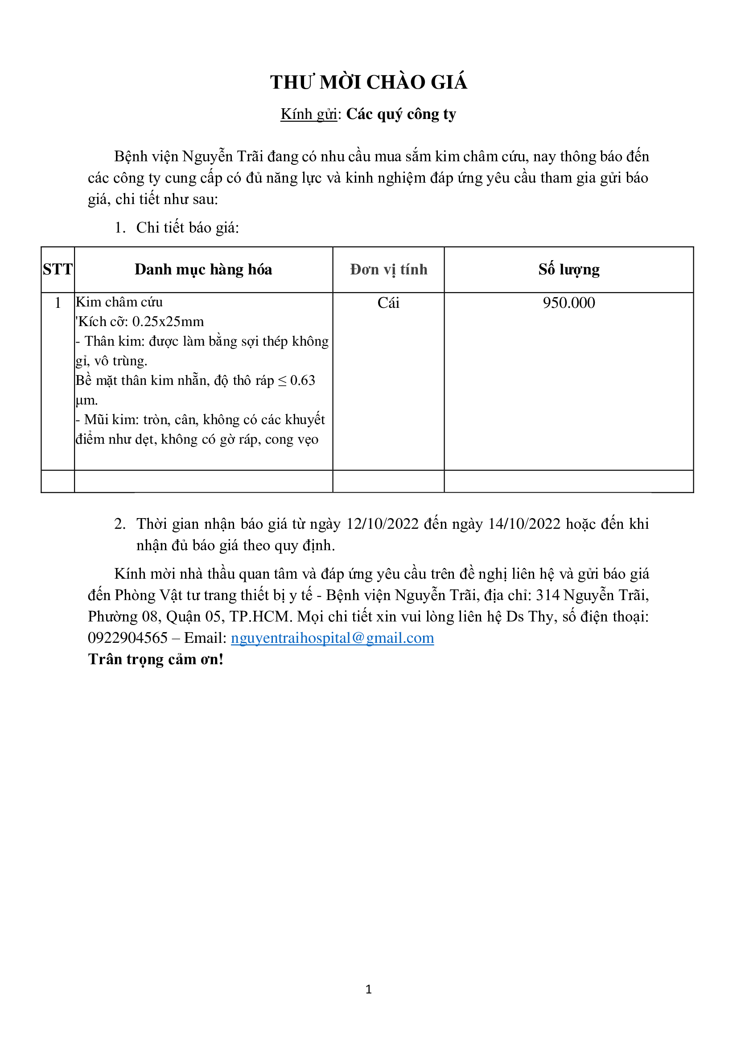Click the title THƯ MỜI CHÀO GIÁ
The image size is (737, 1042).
point(368,82)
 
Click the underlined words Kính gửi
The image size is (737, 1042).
point(309,114)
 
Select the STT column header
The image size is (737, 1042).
point(58,270)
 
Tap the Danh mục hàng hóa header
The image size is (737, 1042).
point(203,270)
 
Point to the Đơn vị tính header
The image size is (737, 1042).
point(388,270)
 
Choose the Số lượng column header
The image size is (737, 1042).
point(568,270)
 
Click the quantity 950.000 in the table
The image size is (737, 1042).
point(568,302)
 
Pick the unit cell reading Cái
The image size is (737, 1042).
point(388,302)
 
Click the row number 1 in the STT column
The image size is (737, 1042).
point(58,302)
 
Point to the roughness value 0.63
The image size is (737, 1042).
point(302,380)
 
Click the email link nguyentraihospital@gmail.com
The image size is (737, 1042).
point(333,638)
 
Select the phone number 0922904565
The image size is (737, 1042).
point(128,638)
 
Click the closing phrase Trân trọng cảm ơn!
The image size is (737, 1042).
point(156,659)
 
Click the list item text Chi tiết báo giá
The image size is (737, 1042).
point(187,228)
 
